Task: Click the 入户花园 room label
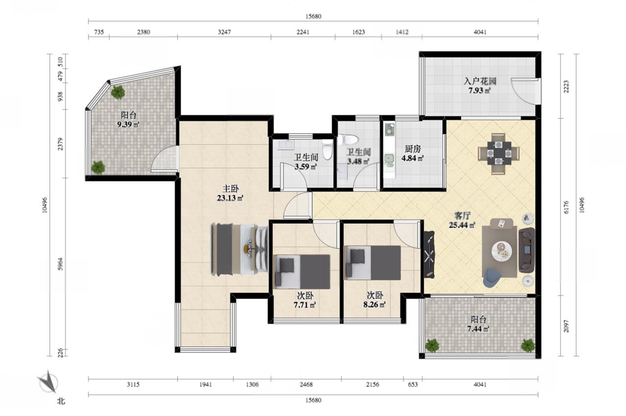pos(480,81)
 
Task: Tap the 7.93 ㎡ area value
pos(480,91)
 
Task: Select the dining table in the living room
pos(499,153)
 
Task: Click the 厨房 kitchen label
pos(413,149)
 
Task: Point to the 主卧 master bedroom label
pos(230,189)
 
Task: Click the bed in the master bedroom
pos(239,249)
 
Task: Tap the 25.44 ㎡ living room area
pos(462,225)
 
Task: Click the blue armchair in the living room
pos(492,277)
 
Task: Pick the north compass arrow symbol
pos(48,381)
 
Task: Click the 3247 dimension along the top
pos(224,32)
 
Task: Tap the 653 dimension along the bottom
pos(412,384)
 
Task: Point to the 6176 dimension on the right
pos(566,207)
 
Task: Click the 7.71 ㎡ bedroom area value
pos(305,305)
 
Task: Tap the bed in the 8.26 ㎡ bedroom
pos(373,263)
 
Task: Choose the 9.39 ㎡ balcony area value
pos(128,124)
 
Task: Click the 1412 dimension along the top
pos(402,32)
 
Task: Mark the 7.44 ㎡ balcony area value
pos(478,329)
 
